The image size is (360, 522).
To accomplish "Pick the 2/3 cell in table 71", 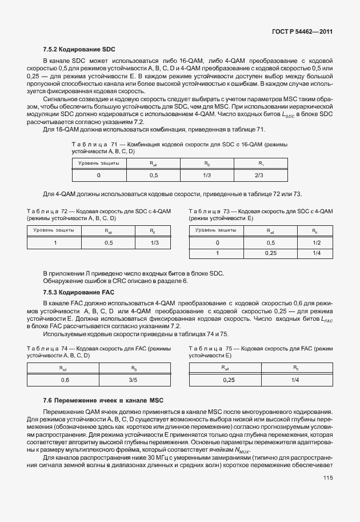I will pos(258,176).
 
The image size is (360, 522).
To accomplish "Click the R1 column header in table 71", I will pos(258,163).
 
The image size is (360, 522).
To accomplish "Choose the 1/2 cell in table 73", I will pos(315,242).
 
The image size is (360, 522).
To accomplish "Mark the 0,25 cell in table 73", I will pos(270,253).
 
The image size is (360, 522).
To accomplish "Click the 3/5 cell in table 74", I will pos(133,380).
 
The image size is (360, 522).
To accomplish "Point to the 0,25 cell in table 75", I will pos(229,380).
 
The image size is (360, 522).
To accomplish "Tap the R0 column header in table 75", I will pos(295,368).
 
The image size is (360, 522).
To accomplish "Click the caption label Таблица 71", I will pos(92,144).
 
